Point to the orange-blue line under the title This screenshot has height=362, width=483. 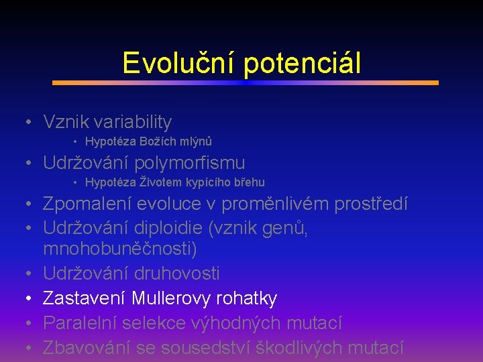pyautogui.click(x=246, y=83)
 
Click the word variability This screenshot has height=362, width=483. pyautogui.click(x=133, y=122)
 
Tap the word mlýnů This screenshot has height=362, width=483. pyautogui.click(x=195, y=141)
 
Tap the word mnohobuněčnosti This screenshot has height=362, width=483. pyautogui.click(x=118, y=249)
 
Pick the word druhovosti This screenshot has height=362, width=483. pyautogui.click(x=176, y=274)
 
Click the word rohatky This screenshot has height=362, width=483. pyautogui.click(x=249, y=298)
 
